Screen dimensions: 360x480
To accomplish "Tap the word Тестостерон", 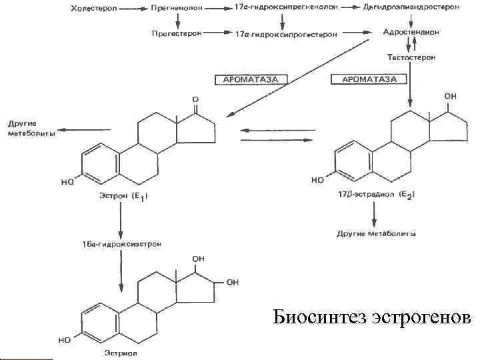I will [x=411, y=58].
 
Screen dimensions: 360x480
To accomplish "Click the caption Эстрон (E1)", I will [x=123, y=196].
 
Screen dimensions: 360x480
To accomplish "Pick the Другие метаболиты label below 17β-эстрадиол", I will [x=376, y=234].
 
